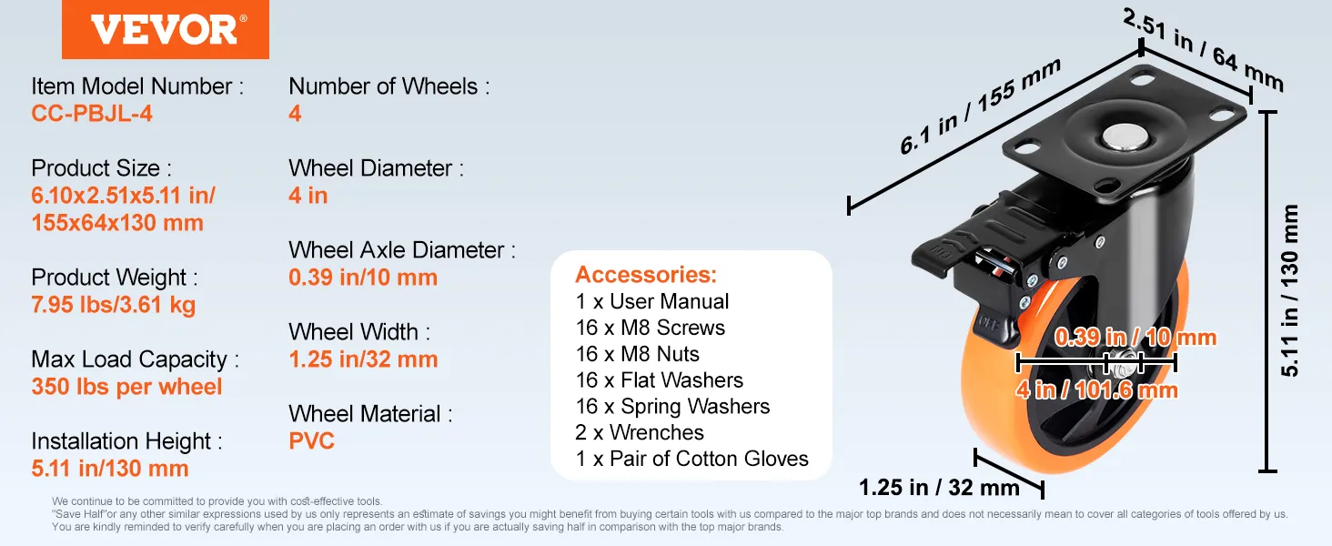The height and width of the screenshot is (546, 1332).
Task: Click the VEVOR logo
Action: coord(166,30)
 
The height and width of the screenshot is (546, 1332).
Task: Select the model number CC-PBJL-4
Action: coord(92,113)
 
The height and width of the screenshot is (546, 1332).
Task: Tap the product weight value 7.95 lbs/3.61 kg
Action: coord(114,305)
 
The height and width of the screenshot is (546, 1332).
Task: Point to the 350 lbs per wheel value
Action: coord(126,387)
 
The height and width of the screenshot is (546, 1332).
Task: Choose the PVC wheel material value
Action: coord(311,440)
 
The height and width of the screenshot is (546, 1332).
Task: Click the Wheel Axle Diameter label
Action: coord(402,250)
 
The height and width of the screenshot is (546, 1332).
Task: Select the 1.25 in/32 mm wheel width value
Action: coord(363,359)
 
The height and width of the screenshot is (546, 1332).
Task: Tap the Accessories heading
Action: coord(646,274)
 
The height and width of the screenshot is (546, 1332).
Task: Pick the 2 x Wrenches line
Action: coord(640,432)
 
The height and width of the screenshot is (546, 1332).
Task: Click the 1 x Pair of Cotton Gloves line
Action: coord(691,459)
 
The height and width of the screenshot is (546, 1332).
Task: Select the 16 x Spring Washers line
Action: coord(672,406)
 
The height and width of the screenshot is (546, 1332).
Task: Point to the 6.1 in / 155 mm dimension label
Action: coord(980,106)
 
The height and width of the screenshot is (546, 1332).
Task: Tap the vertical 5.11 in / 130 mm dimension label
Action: coord(1289,290)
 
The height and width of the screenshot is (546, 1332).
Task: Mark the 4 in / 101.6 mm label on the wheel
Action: coord(1096,390)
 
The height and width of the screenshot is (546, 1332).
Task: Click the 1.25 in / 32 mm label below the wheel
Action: coord(939,488)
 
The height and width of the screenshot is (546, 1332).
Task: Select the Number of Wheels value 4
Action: coord(295,113)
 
